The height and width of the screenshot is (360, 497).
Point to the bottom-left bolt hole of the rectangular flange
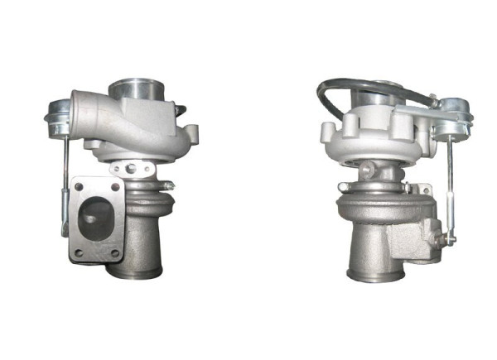click(x=77, y=251)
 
